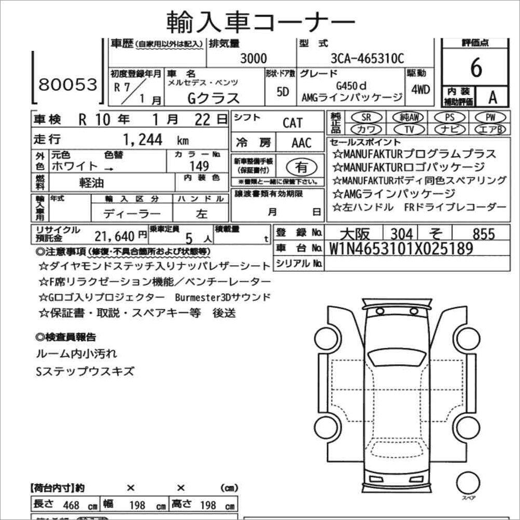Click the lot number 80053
pyautogui.click(x=68, y=84)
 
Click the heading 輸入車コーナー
pyautogui.click(x=261, y=22)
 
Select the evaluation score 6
pyautogui.click(x=475, y=68)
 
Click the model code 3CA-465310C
pyautogui.click(x=367, y=59)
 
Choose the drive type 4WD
pyautogui.click(x=420, y=89)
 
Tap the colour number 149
pyautogui.click(x=199, y=166)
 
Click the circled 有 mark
pyautogui.click(x=301, y=167)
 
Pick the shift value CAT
pyautogui.click(x=292, y=124)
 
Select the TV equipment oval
pyautogui.click(x=410, y=129)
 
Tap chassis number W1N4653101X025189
pyautogui.click(x=401, y=249)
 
